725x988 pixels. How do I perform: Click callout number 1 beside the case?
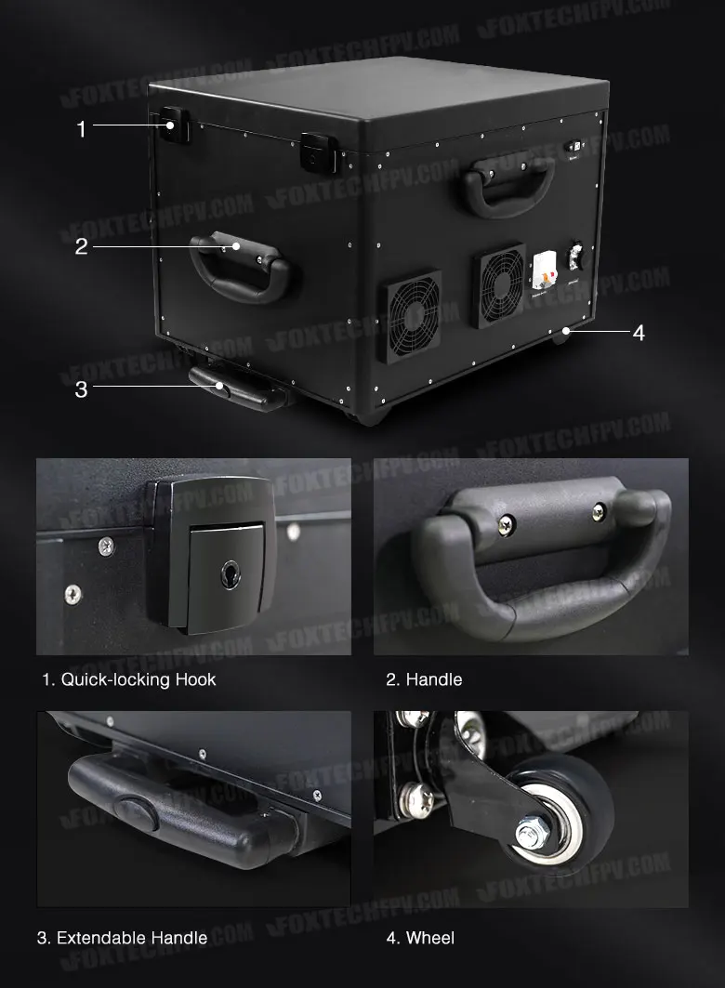[81, 128]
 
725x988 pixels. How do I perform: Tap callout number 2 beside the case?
[81, 246]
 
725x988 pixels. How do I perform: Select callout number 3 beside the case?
[81, 389]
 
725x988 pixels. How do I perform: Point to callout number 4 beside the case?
[639, 333]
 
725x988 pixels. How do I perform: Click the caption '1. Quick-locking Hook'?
[129, 679]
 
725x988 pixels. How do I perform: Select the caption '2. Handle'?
[424, 679]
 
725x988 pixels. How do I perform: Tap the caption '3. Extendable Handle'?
[122, 938]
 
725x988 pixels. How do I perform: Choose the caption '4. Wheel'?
[420, 938]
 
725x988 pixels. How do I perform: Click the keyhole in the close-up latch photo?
[230, 574]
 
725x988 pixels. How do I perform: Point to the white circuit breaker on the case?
[543, 273]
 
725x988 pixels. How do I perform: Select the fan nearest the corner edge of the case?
[410, 317]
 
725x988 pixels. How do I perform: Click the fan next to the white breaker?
[499, 285]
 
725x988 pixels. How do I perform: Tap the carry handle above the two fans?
[508, 185]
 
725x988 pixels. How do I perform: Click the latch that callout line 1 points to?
[175, 125]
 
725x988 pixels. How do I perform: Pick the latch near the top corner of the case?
[319, 152]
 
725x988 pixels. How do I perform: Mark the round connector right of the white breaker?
[574, 256]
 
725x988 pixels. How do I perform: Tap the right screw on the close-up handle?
[600, 512]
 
